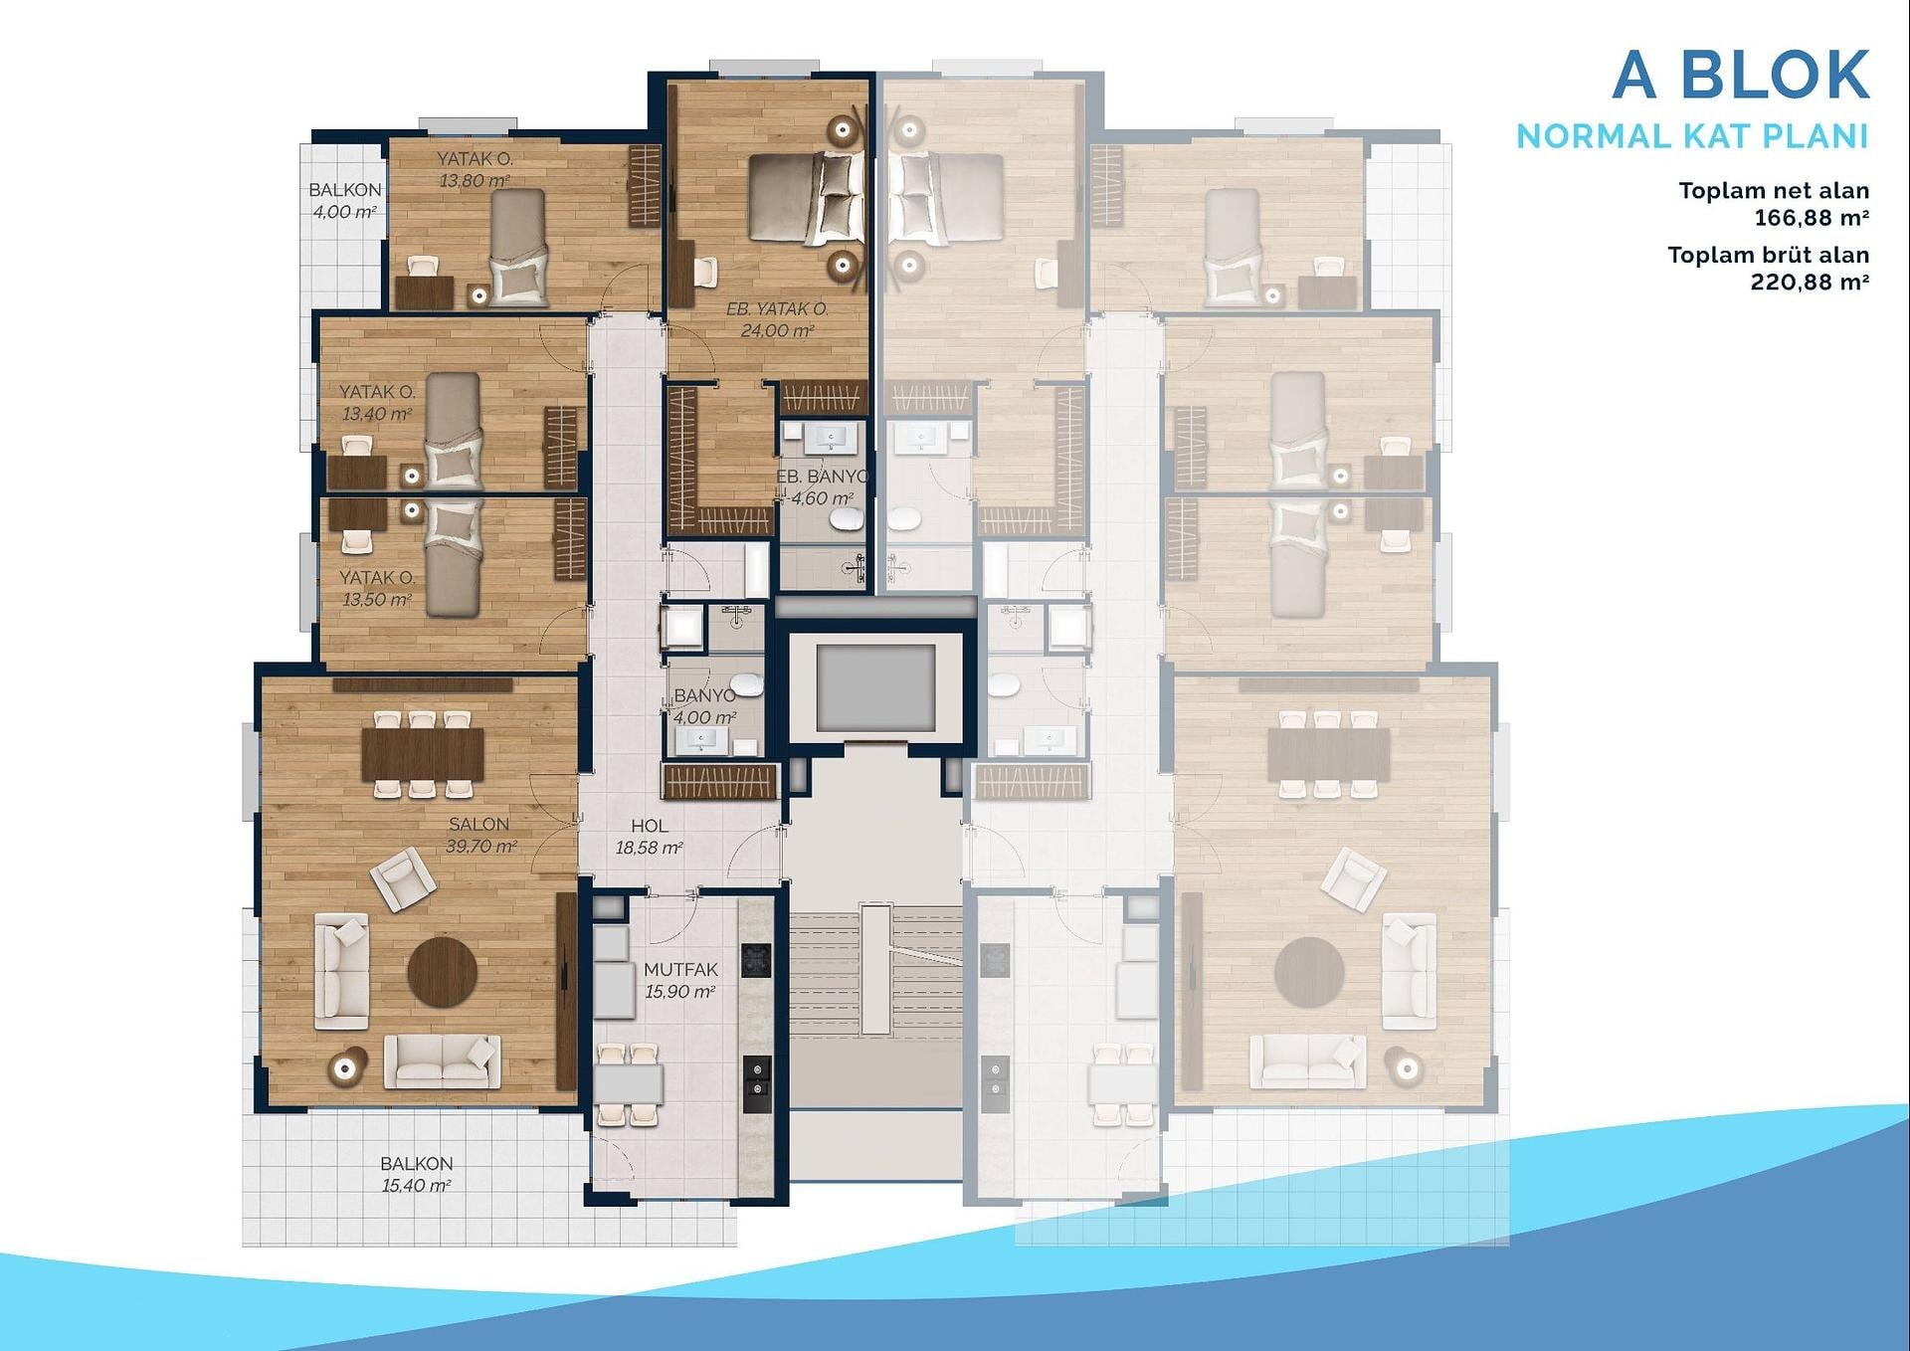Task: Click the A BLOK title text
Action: pyautogui.click(x=1741, y=75)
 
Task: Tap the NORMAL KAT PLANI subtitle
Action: pyautogui.click(x=1692, y=136)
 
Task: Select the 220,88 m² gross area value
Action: pyautogui.click(x=1811, y=282)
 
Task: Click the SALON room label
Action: pyautogui.click(x=478, y=824)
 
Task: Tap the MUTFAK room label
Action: pyautogui.click(x=680, y=969)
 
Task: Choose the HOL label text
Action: pyautogui.click(x=649, y=826)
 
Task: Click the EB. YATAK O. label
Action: pyautogui.click(x=777, y=309)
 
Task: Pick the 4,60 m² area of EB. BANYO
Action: pyautogui.click(x=822, y=498)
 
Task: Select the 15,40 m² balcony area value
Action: pyautogui.click(x=416, y=1185)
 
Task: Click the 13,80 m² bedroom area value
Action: pyautogui.click(x=475, y=181)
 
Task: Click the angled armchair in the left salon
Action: pyautogui.click(x=403, y=878)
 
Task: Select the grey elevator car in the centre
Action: pyautogui.click(x=875, y=687)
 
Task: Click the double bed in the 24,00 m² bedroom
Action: pyautogui.click(x=806, y=199)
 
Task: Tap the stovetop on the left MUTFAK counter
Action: pyautogui.click(x=756, y=960)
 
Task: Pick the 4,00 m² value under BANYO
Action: pyautogui.click(x=704, y=717)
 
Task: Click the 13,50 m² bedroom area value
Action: pyautogui.click(x=377, y=600)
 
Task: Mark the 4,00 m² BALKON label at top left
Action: pyautogui.click(x=344, y=200)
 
